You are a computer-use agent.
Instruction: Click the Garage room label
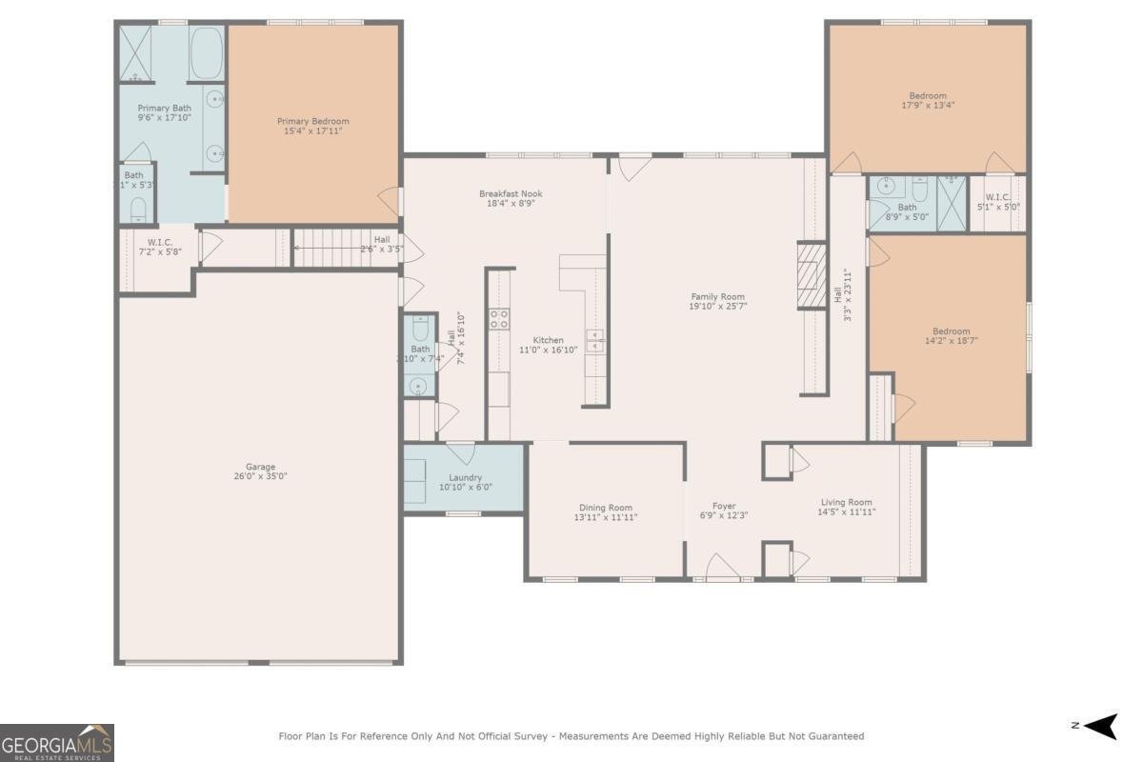[260, 467]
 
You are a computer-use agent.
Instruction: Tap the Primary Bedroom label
[312, 121]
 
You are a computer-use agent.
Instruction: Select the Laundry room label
[465, 477]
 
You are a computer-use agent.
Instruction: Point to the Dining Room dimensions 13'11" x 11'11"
[606, 517]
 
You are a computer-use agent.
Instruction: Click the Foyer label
[724, 506]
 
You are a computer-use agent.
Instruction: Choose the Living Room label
[847, 502]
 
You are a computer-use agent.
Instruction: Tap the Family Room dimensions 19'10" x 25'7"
[717, 307]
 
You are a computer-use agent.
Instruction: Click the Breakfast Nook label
[511, 193]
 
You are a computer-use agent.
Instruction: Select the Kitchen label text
[548, 340]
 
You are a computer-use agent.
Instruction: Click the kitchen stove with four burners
[499, 319]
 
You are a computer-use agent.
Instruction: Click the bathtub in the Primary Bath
[206, 53]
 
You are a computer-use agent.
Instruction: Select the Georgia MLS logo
[57, 742]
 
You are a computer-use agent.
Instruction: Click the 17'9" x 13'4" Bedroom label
[928, 95]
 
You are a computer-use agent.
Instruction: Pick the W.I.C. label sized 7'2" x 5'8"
[158, 242]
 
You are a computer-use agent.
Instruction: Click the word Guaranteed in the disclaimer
[832, 735]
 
